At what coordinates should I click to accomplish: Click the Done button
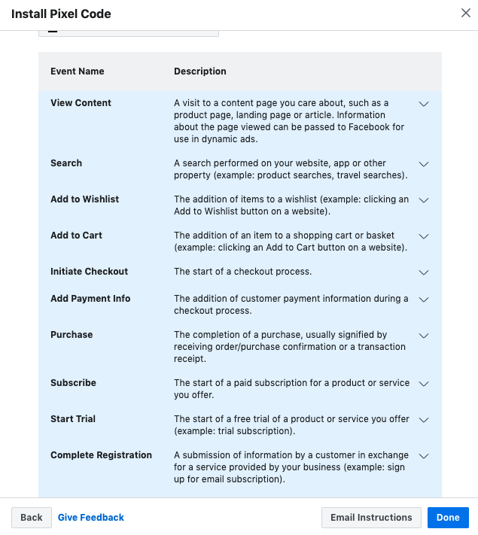click(448, 518)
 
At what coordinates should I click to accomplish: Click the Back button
click(32, 518)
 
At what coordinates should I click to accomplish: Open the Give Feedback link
click(91, 518)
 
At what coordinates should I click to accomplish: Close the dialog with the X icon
click(465, 12)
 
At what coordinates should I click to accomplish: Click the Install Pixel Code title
click(60, 14)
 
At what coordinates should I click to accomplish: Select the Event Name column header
click(78, 71)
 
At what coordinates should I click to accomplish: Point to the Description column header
click(200, 71)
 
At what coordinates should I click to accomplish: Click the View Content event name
click(81, 103)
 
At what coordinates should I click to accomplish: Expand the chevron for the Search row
click(424, 164)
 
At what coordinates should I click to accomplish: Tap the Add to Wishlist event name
click(84, 199)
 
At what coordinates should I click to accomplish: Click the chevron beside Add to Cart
click(424, 236)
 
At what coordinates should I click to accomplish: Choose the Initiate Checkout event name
click(89, 272)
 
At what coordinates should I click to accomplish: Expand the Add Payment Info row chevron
click(424, 299)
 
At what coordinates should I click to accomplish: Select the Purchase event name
click(72, 335)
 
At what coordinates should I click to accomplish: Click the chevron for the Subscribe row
click(424, 384)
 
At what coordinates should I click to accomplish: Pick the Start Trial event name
click(73, 419)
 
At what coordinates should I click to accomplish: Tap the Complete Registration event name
click(101, 455)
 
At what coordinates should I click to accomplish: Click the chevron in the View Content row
click(424, 104)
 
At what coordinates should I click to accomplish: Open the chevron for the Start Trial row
click(424, 420)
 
